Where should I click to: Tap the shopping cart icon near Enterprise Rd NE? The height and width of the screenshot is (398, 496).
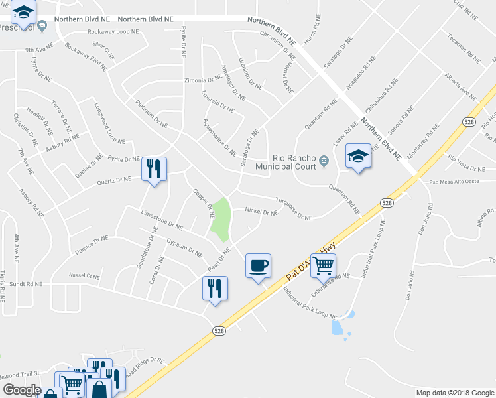[323, 265]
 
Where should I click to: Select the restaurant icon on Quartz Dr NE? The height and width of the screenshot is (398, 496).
[154, 169]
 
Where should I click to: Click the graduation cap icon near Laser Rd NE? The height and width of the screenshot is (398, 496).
[358, 157]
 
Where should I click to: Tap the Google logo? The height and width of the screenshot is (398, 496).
[22, 389]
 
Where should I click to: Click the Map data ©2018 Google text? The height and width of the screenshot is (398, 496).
[454, 393]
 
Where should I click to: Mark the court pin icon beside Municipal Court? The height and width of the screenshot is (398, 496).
[324, 159]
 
